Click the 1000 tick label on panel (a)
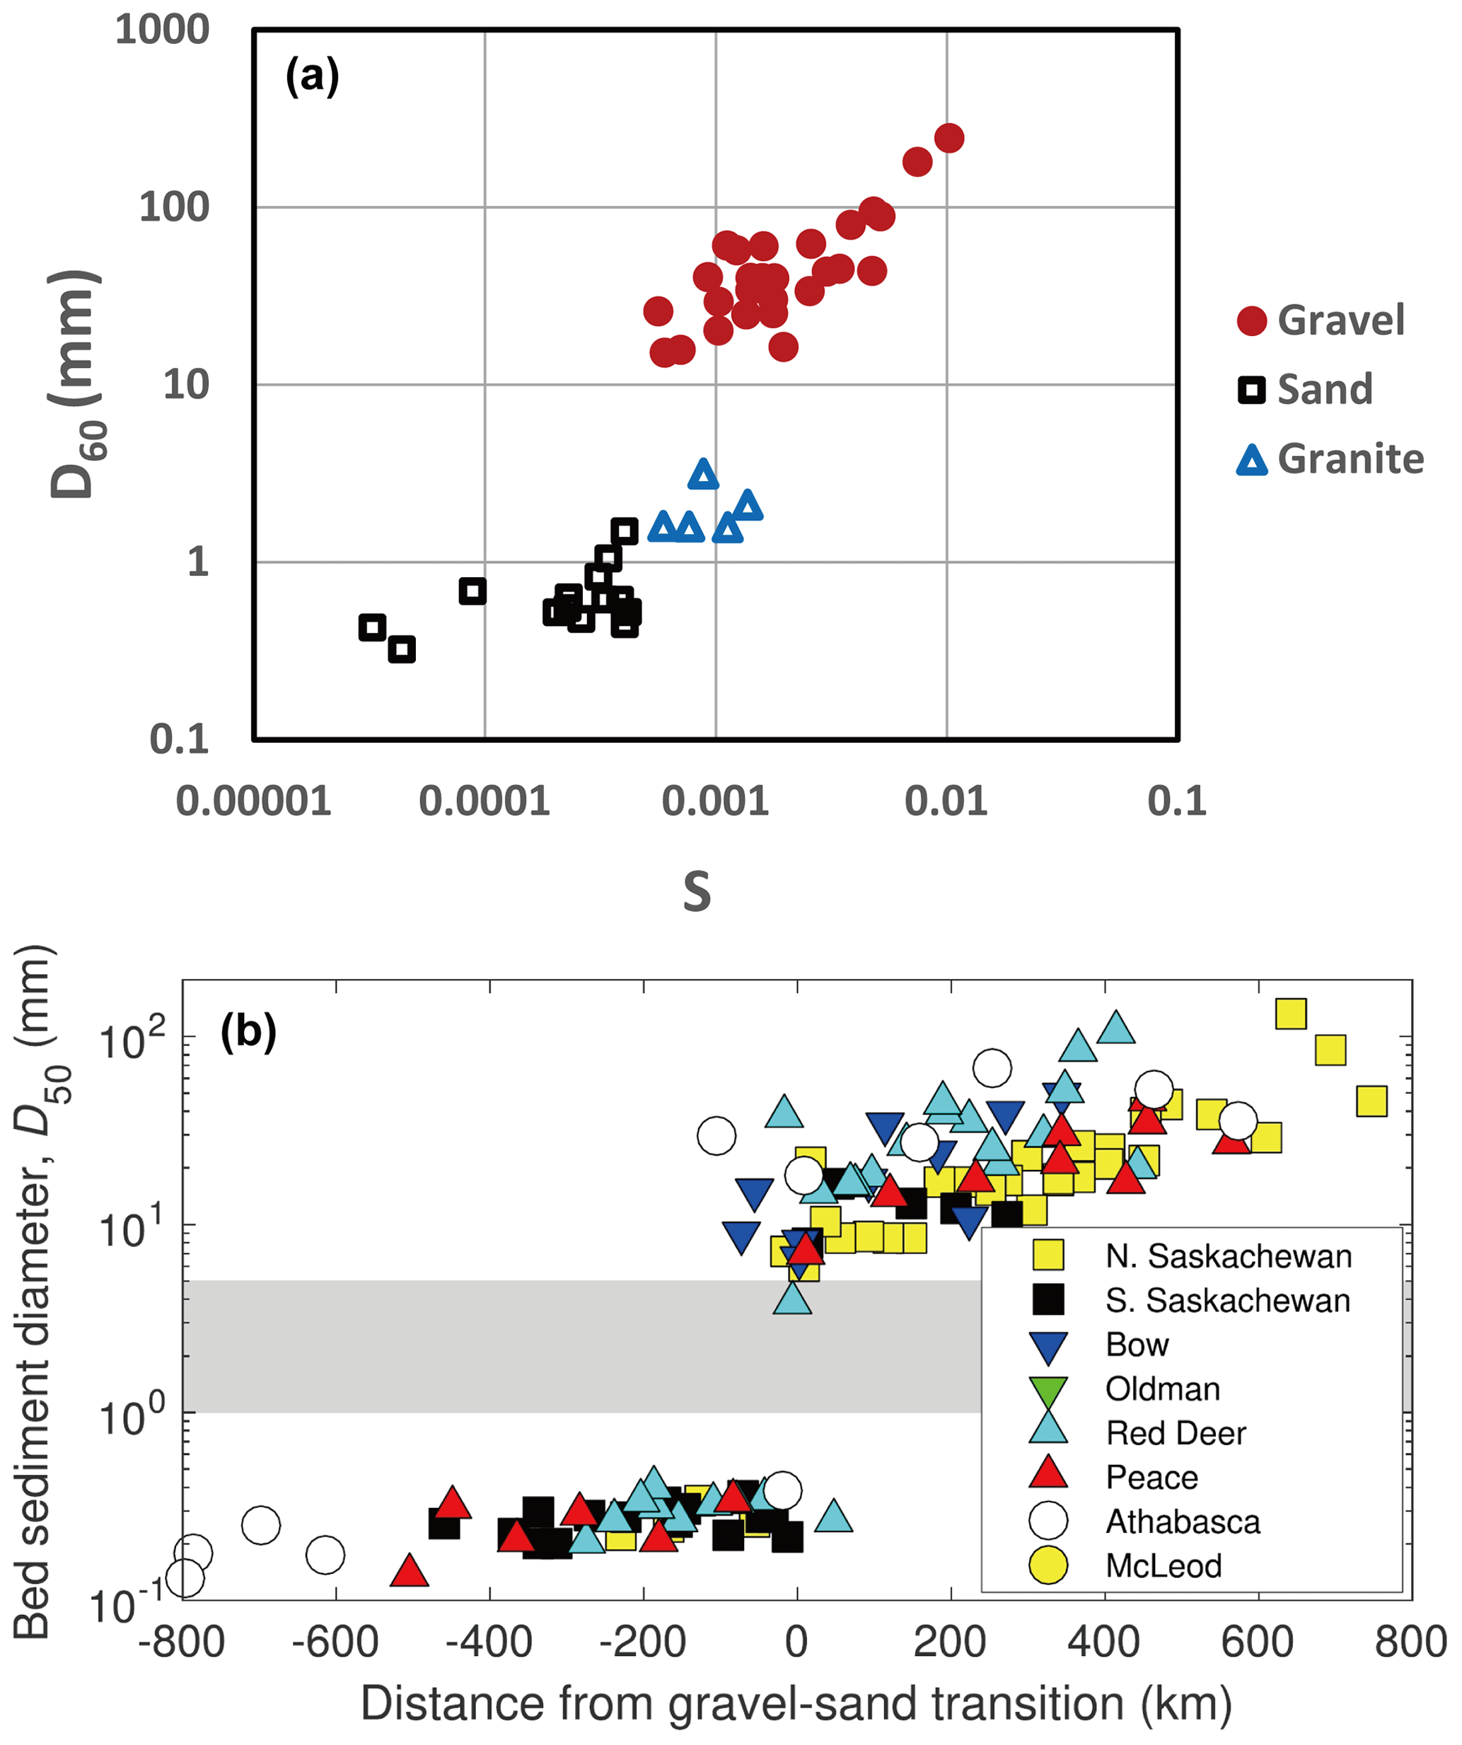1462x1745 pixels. [x=162, y=30]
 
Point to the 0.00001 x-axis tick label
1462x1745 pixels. [x=253, y=801]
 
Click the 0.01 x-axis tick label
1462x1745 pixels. [x=946, y=801]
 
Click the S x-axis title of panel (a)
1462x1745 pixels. [x=697, y=893]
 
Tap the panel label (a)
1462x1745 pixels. [x=313, y=76]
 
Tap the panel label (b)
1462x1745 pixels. [x=248, y=1032]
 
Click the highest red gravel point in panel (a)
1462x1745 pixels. [x=948, y=138]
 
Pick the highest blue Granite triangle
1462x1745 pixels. [x=704, y=475]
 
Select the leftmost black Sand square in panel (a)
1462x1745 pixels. [x=373, y=627]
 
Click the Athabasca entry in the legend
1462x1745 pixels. [x=1182, y=1521]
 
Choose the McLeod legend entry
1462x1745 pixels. [x=1163, y=1565]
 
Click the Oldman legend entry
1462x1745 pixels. [x=1162, y=1389]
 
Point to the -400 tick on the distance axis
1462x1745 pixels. [x=489, y=1643]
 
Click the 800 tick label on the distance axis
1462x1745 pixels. [x=1410, y=1643]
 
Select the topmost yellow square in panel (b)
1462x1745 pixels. [x=1291, y=1014]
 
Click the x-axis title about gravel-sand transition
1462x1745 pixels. [x=796, y=1703]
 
